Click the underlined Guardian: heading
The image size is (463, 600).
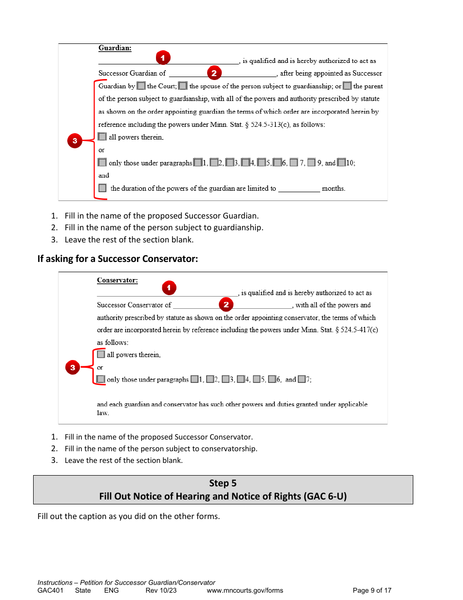[x=115, y=48]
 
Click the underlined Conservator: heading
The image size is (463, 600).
[x=117, y=280]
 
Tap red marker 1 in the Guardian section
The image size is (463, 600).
[x=163, y=58]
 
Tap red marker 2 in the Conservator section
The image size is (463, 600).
[x=226, y=304]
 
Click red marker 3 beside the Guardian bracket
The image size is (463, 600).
[x=75, y=141]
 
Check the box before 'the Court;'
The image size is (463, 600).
[x=141, y=86]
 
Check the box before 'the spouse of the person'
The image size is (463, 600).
[x=183, y=86]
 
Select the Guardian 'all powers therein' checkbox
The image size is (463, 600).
[x=102, y=137]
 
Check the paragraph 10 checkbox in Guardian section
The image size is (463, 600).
[x=341, y=162]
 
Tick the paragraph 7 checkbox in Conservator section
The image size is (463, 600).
[x=302, y=379]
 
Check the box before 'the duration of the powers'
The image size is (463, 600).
[x=102, y=188]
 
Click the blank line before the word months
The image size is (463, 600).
[x=299, y=189]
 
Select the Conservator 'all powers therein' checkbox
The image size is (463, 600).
[x=101, y=355]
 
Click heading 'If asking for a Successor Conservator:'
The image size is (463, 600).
[x=117, y=259]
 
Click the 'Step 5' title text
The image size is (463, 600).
[x=223, y=483]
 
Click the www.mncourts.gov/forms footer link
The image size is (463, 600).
[x=245, y=590]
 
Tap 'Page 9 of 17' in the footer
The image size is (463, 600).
[x=372, y=590]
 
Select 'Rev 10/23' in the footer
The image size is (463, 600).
[x=161, y=590]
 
